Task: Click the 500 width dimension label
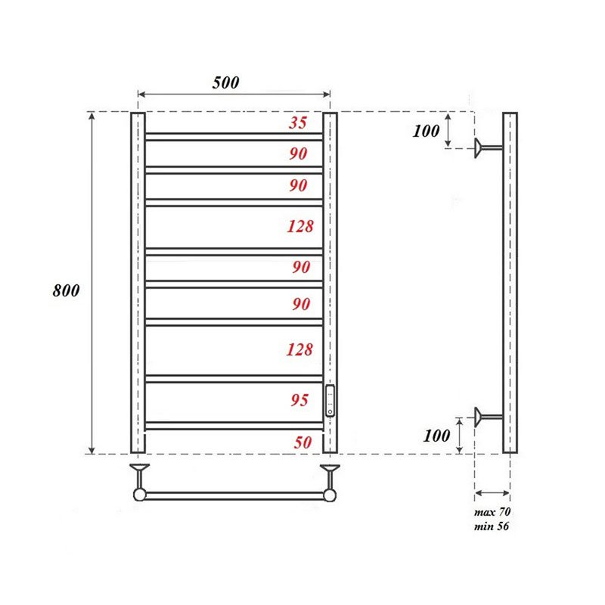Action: pos(225,82)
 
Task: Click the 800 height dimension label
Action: pos(66,290)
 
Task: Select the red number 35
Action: pos(299,123)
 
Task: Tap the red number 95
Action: pos(299,400)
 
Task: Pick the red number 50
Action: pos(302,443)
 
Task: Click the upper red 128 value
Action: pos(299,225)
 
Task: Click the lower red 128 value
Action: pos(299,349)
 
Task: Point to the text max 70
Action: pos(492,513)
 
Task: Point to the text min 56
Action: pos(492,526)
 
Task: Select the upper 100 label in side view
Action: pos(427,131)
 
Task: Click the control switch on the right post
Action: pos(330,400)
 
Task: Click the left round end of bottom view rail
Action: pos(140,495)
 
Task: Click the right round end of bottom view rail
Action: pos(330,495)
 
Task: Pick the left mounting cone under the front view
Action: pos(140,473)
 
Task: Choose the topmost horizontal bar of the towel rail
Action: pos(234,137)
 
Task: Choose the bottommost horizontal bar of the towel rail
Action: pos(234,426)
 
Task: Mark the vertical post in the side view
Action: pos(510,283)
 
